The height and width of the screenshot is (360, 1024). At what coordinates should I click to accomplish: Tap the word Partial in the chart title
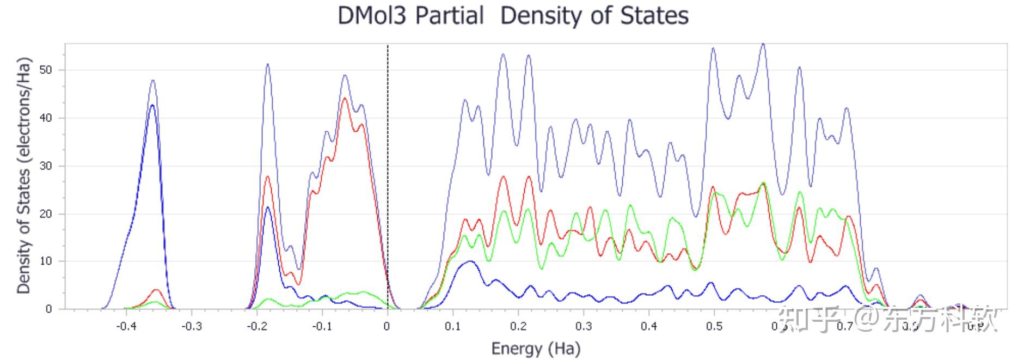pos(449,15)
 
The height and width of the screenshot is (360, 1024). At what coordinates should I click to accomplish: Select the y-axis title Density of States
pos(23,175)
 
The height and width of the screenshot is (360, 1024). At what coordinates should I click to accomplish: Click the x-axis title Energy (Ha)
pos(536,348)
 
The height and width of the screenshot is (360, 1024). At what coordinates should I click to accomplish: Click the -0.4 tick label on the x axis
pos(126,326)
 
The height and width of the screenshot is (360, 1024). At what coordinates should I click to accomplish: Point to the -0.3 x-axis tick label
pos(192,326)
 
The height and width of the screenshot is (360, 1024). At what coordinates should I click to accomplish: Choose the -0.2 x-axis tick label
pos(257,326)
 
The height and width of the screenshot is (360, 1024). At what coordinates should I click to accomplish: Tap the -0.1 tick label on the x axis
pos(322,326)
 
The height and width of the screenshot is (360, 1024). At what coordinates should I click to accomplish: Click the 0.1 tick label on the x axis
pos(453,326)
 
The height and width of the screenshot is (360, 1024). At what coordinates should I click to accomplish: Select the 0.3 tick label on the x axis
pos(584,326)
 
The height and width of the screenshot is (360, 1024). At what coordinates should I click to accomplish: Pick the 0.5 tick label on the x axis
pos(714,326)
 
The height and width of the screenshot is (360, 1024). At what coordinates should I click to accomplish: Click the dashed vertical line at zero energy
pos(388,163)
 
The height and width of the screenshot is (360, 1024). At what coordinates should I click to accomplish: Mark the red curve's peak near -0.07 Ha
pos(345,99)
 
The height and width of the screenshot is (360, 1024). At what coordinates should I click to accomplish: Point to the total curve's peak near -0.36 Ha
pos(153,81)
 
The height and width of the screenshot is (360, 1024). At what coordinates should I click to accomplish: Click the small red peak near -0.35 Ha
pos(157,290)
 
